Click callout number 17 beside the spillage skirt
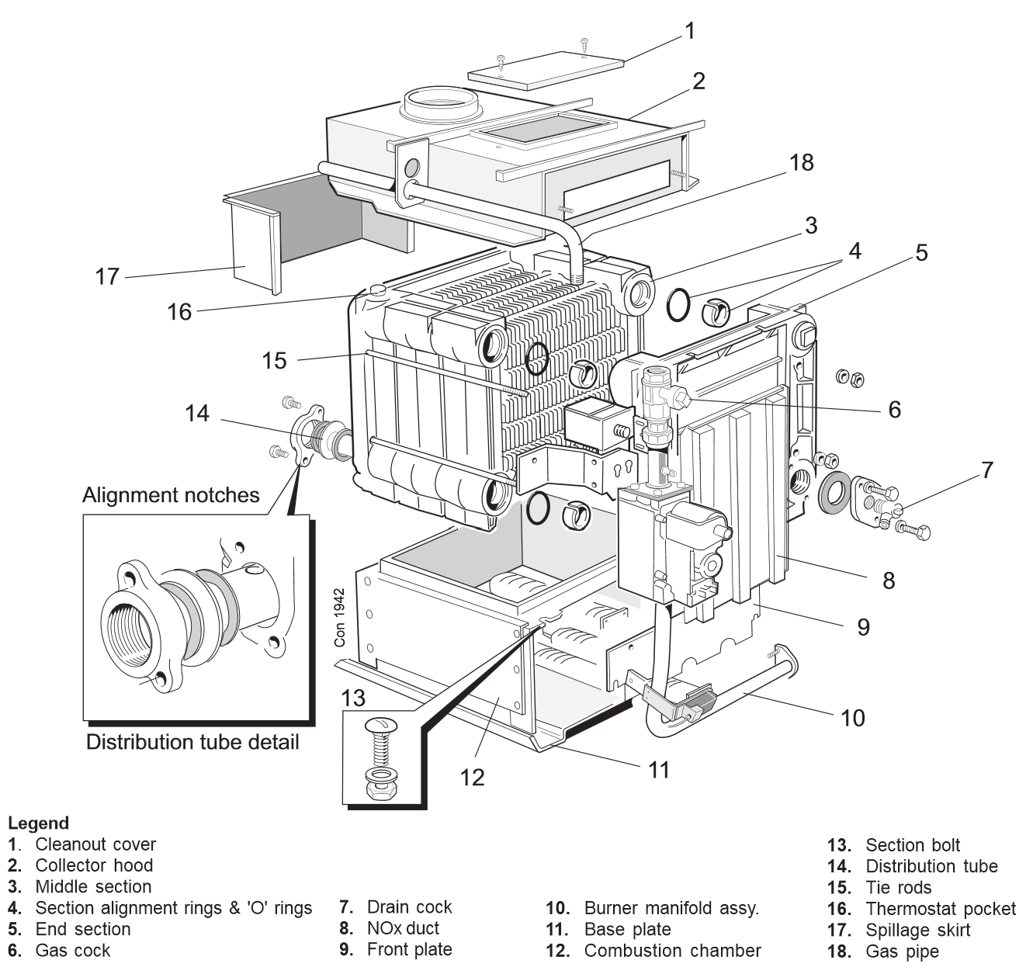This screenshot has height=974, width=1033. point(107,276)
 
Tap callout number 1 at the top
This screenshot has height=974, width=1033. point(689,30)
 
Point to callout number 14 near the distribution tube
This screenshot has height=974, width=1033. point(197,414)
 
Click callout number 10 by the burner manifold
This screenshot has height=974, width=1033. point(852,718)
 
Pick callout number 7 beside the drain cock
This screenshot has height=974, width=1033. point(986,470)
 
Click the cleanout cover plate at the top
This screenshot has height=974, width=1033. point(546,68)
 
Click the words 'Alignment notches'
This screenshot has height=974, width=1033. point(171,495)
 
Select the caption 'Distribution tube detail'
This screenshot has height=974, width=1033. point(192,742)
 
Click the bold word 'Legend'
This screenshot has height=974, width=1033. point(39,823)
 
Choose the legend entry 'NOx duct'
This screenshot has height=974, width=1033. point(402,928)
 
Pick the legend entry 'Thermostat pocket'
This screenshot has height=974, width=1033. point(940,909)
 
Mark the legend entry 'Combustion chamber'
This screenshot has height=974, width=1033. point(672,951)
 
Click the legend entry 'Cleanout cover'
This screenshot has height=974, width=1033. point(95,844)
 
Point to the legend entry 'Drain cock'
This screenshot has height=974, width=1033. point(409,907)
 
